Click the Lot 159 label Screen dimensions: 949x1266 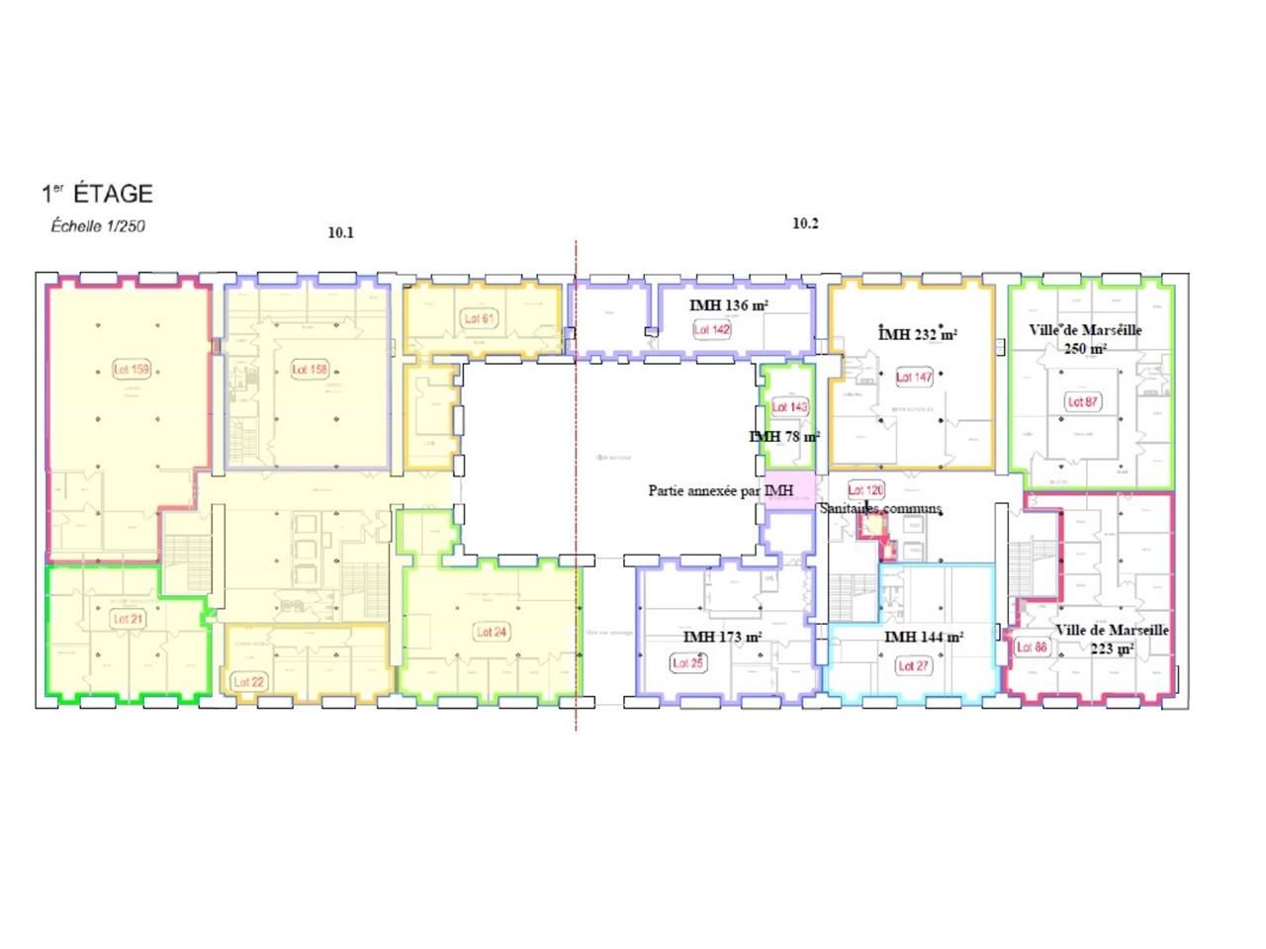(132, 370)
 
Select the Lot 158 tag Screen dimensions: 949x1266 (310, 370)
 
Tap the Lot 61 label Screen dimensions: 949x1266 (480, 318)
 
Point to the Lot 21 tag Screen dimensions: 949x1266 (129, 619)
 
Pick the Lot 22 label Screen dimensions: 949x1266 (249, 682)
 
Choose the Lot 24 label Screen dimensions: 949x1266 (492, 632)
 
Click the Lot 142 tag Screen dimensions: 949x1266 (712, 329)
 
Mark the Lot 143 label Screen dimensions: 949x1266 (789, 407)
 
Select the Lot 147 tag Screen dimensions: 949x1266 (914, 377)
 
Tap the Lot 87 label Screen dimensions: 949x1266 (1083, 402)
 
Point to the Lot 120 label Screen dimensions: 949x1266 (865, 490)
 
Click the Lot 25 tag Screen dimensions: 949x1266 (687, 663)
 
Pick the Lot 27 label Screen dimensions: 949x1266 (913, 666)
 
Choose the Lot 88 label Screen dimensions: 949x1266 (1032, 647)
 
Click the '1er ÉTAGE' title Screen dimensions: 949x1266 (97, 194)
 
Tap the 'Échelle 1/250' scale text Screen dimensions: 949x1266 (98, 226)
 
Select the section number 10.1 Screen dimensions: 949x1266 (340, 233)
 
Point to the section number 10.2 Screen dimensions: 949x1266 (805, 223)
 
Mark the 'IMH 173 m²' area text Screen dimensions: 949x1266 (722, 638)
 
